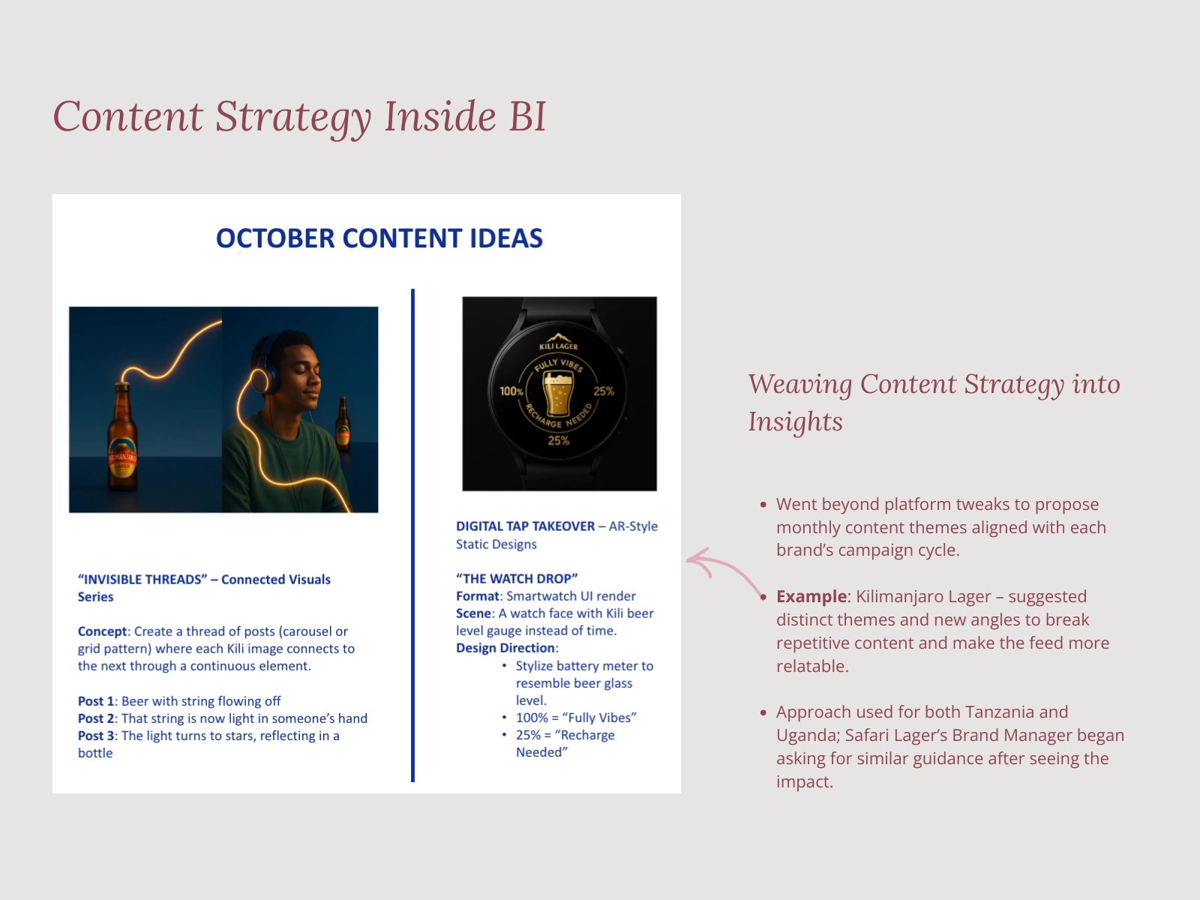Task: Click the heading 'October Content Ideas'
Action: pos(379,238)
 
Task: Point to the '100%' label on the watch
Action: pos(511,391)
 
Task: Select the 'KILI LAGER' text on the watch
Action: pos(559,346)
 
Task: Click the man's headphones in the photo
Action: pos(266,367)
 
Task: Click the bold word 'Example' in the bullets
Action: pos(811,597)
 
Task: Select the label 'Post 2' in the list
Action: pos(96,718)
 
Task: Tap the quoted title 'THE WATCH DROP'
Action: pos(517,579)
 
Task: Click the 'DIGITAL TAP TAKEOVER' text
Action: pos(525,526)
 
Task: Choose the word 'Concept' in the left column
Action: pos(103,631)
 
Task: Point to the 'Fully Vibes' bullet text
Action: pos(600,718)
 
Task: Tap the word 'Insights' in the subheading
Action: pos(795,422)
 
